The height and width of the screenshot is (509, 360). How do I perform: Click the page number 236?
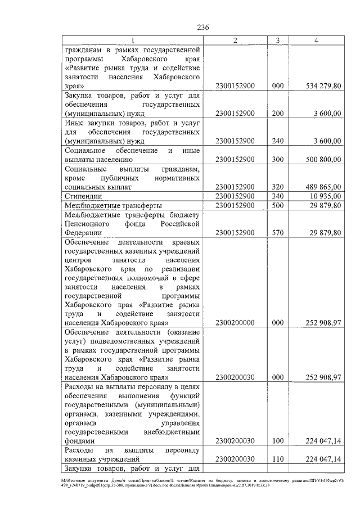point(203,27)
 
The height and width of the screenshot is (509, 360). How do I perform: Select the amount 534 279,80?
point(319,86)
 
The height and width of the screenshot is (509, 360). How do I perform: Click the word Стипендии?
point(83,196)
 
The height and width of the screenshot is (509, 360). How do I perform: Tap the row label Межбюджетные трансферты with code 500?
point(113,205)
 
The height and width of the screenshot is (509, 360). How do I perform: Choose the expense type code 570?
point(277,232)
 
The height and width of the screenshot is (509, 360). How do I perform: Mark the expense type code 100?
point(277,441)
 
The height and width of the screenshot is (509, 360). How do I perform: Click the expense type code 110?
point(277,459)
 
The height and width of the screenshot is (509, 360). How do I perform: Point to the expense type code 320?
point(277,187)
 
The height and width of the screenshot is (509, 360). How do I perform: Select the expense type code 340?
point(277,196)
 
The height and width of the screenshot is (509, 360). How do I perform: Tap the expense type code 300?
point(277,159)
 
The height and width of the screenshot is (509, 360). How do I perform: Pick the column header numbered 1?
point(133,40)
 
